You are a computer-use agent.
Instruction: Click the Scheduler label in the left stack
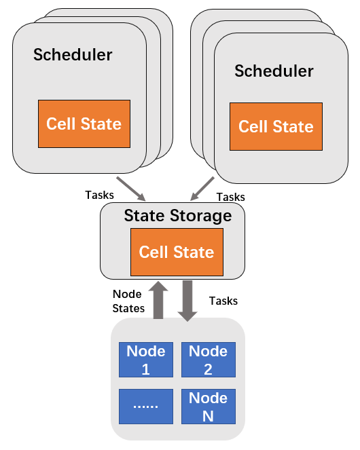pos(73,54)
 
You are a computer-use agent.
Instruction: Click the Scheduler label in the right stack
pos(274,71)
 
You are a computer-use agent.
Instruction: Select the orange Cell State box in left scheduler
pos(84,124)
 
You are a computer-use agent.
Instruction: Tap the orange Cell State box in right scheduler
pos(276,126)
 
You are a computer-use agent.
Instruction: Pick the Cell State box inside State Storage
pos(177,252)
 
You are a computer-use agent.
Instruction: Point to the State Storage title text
pos(178,216)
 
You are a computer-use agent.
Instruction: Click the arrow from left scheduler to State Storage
pos(131,189)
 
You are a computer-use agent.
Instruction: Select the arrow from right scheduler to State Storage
pos(202,189)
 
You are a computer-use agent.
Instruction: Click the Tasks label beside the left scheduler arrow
pos(99,195)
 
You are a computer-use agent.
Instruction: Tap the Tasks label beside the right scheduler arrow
pos(231,197)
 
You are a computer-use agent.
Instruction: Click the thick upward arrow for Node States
pos(158,300)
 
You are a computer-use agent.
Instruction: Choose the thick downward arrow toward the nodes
pos(187,301)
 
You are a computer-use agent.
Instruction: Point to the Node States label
pos(128,301)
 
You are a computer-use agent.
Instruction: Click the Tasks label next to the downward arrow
pos(223,301)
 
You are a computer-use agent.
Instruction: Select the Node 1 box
pos(146,360)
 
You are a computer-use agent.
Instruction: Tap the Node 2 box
pos(209,360)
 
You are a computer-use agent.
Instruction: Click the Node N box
pos(209,407)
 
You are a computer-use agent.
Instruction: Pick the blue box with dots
pos(146,407)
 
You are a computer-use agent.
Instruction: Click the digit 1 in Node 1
pos(145,369)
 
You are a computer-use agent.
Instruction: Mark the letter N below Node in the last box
pos(208,416)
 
